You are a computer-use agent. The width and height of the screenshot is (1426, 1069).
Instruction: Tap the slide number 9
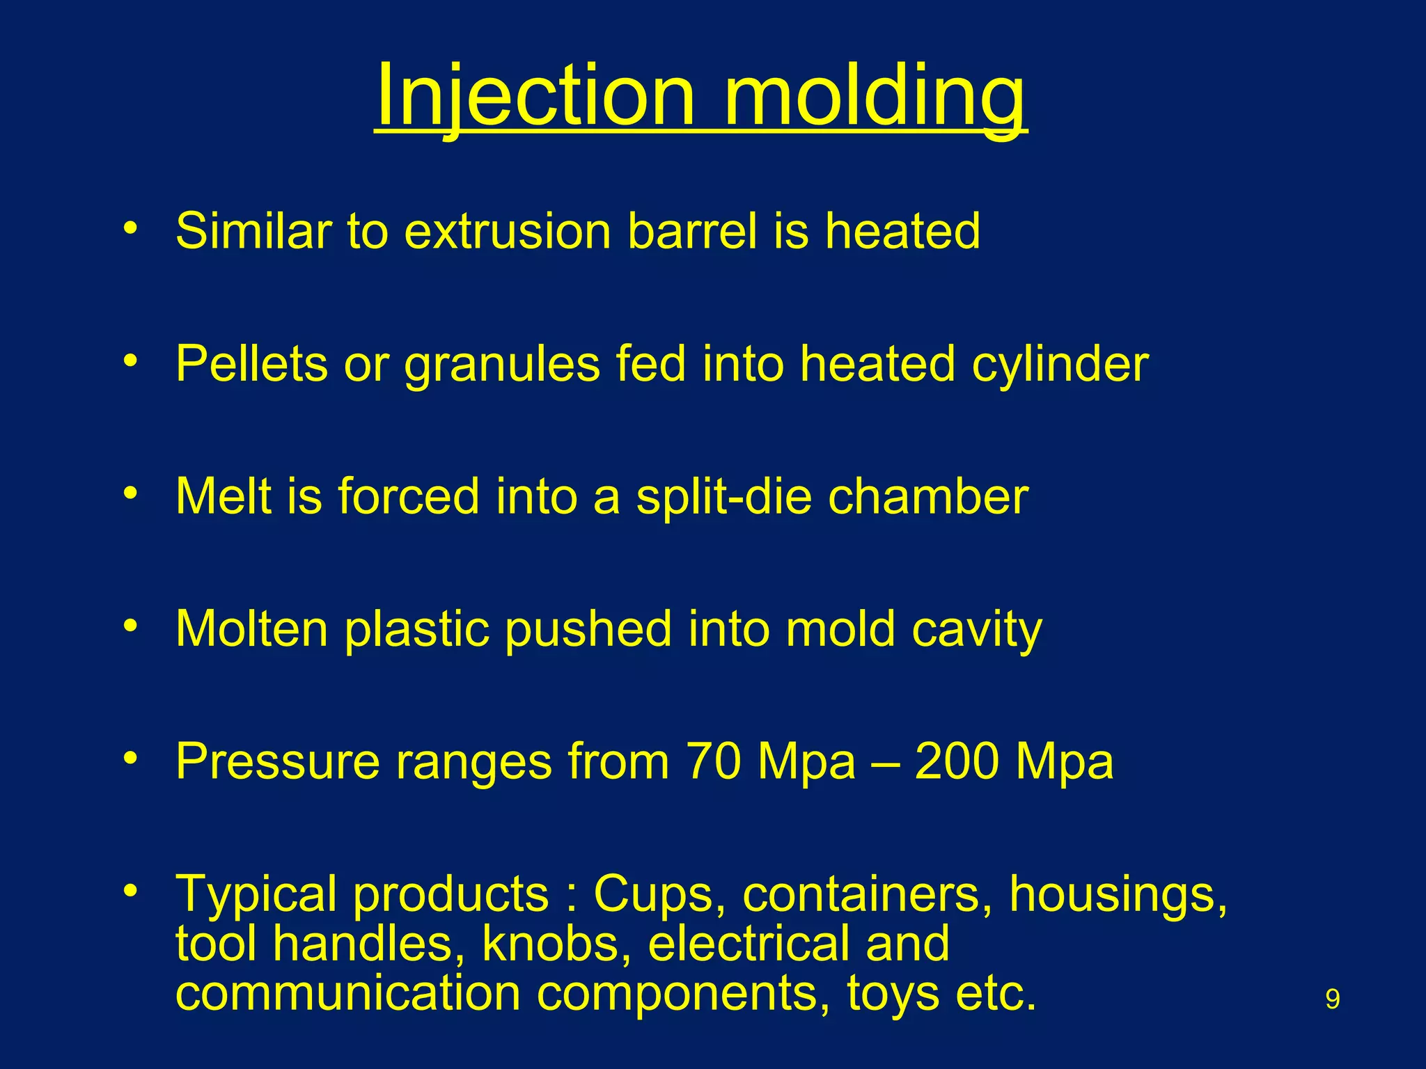[x=1332, y=999]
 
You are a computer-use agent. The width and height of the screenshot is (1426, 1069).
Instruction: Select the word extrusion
[x=508, y=231]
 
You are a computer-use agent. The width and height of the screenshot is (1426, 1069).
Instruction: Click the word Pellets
[x=251, y=364]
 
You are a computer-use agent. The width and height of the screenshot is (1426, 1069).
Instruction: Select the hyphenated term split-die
[x=723, y=497]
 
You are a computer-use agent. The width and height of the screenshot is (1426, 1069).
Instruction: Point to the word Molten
[x=251, y=629]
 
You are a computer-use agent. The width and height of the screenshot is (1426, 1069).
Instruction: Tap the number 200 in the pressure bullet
[x=957, y=761]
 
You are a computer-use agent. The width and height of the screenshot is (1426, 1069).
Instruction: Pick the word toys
[x=893, y=994]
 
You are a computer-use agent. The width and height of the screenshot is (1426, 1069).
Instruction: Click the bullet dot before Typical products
[x=130, y=890]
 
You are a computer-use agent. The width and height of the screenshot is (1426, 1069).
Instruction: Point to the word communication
[x=348, y=993]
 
